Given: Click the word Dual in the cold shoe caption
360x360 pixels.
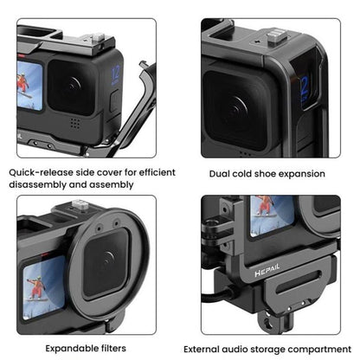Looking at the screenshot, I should click(x=224, y=173).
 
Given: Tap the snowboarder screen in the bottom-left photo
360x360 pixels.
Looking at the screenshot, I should click(x=29, y=283).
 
